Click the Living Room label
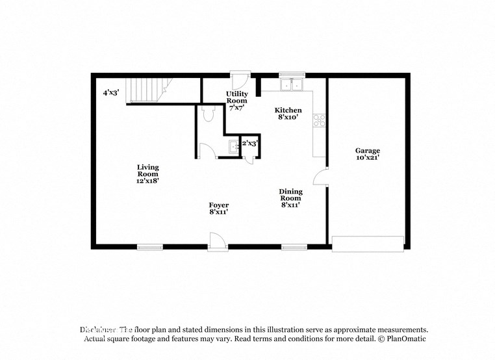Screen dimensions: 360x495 pos(147,174)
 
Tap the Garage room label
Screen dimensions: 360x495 pos(367,153)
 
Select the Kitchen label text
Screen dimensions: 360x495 pos(288,114)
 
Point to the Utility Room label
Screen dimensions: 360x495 pos(236,101)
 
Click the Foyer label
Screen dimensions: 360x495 pos(218,209)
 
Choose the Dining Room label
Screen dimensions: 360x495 pos(291,198)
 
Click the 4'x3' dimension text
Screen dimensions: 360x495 pos(110,93)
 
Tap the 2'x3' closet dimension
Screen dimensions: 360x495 pos(249,143)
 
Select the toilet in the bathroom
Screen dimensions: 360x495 pos(209,114)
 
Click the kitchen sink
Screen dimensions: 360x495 pos(290,85)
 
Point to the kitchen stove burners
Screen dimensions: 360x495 pos(319,120)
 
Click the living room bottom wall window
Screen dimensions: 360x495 pos(149,246)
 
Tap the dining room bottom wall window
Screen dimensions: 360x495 pos(294,246)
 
